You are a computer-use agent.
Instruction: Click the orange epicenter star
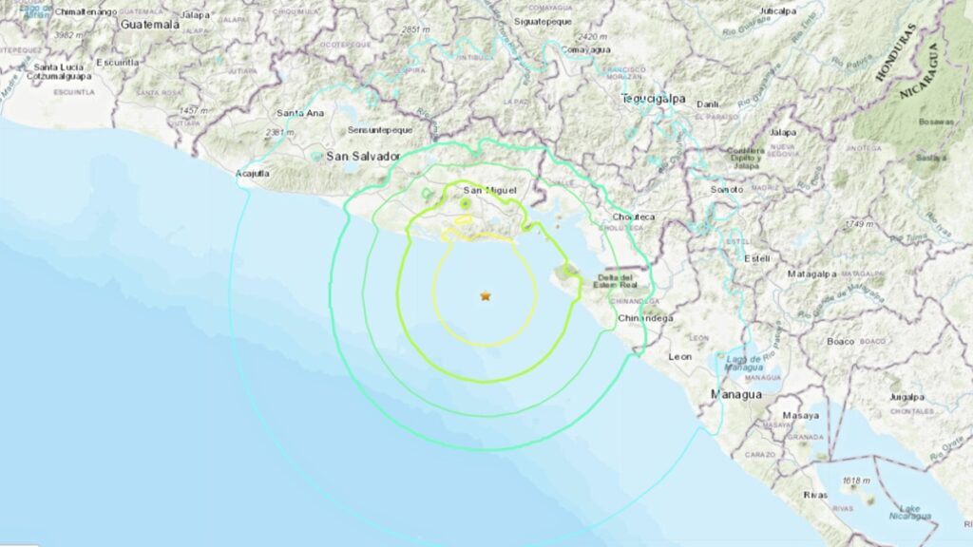pyautogui.click(x=486, y=296)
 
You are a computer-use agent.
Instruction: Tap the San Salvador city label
pyautogui.click(x=362, y=156)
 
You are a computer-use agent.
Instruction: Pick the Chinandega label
pyautogui.click(x=645, y=318)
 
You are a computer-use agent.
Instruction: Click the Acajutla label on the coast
pyautogui.click(x=253, y=174)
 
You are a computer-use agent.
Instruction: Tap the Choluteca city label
pyautogui.click(x=634, y=217)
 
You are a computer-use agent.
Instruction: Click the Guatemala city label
pyautogui.click(x=150, y=24)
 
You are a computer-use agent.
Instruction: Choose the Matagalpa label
pyautogui.click(x=811, y=273)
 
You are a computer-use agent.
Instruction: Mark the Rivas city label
pyautogui.click(x=789, y=493)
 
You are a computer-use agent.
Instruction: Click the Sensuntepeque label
pyautogui.click(x=379, y=129)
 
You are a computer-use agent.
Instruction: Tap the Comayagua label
pyautogui.click(x=583, y=48)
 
